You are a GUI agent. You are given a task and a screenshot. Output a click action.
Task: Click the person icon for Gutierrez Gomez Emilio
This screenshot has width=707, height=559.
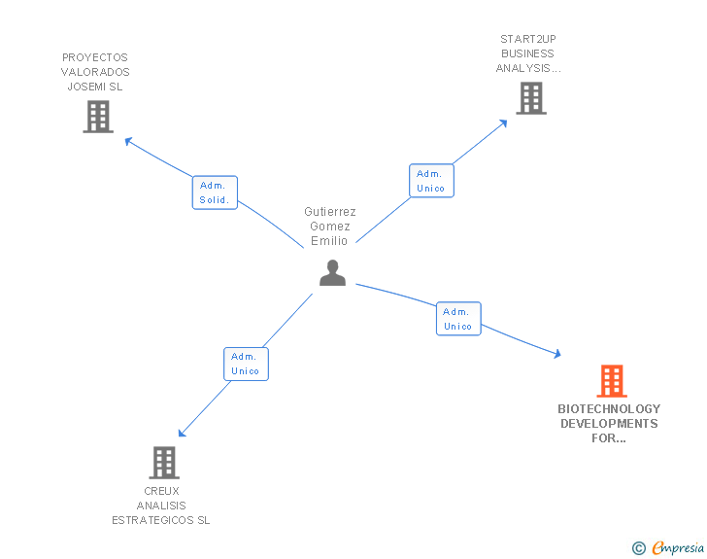332,273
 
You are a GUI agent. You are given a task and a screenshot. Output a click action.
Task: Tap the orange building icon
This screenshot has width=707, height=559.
611,381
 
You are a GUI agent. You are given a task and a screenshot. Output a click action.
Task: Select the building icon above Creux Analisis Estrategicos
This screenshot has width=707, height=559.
165,463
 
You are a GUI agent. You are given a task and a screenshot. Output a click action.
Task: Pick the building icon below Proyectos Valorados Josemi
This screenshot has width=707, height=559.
98,117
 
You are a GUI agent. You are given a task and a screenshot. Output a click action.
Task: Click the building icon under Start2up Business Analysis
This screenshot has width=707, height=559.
530,98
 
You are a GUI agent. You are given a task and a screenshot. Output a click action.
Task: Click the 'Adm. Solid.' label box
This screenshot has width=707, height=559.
215,192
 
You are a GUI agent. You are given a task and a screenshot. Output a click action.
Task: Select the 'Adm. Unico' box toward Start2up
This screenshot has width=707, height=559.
431,181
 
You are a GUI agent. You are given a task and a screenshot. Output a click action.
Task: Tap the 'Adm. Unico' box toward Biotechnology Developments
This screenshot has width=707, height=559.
458,319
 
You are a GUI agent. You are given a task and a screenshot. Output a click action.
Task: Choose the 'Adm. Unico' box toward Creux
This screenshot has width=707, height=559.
246,364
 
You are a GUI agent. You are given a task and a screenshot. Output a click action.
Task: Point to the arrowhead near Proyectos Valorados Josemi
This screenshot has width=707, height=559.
127,140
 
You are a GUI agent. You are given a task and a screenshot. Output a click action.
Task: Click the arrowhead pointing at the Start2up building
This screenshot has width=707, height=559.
503,122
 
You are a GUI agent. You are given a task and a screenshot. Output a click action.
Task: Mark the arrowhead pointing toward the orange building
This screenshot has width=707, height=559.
556,355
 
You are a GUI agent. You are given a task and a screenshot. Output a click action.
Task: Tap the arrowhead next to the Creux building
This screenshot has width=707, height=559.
182,433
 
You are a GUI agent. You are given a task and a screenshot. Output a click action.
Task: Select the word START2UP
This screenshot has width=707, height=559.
528,40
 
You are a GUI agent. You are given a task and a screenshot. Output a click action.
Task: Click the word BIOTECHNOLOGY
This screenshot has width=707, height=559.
609,409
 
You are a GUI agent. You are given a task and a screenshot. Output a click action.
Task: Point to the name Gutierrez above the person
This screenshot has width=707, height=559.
330,211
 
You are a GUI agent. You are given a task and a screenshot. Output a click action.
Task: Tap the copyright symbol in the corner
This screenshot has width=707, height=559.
639,548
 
